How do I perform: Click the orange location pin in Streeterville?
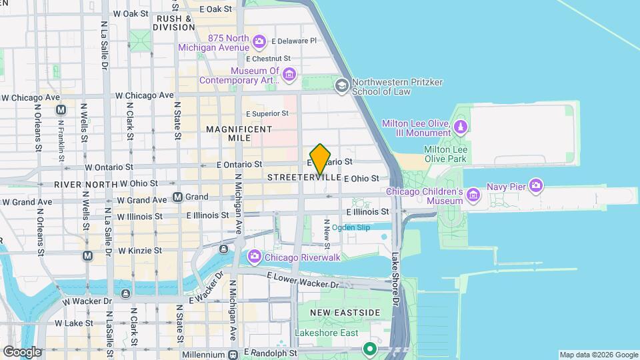[321, 159]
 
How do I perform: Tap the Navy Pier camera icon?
[535, 185]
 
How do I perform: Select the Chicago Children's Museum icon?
[473, 195]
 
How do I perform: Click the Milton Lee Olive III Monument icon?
[460, 126]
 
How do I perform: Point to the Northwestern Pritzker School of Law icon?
[342, 85]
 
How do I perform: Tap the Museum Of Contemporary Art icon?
[289, 73]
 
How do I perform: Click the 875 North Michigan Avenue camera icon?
[260, 43]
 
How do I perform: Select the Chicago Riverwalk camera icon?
[254, 257]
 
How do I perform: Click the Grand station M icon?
[178, 197]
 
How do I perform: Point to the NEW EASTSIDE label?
[346, 313]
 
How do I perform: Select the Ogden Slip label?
[351, 227]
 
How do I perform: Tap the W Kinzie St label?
[140, 251]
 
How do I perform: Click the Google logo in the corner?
[21, 352]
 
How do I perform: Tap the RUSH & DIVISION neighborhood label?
[173, 23]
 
